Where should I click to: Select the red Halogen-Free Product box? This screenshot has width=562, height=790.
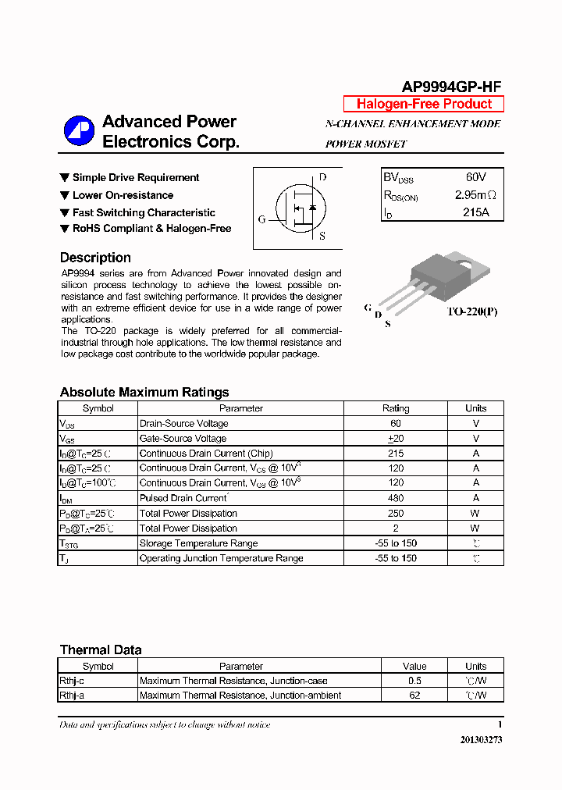424,104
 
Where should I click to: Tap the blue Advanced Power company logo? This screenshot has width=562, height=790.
79,131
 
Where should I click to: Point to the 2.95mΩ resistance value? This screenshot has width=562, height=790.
475,195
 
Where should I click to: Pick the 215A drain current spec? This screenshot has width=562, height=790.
475,212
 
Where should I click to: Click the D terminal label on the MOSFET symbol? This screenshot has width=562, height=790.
322,177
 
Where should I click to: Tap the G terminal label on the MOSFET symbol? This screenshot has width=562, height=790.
261,219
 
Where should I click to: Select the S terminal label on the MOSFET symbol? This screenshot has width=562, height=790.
322,236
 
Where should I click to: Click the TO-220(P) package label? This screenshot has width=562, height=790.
471,311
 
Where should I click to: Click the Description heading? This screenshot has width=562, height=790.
95,258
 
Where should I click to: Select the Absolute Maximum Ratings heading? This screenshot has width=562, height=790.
144,393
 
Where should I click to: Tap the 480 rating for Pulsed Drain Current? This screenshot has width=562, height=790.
395,498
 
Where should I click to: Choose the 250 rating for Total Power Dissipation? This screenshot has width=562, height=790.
395,513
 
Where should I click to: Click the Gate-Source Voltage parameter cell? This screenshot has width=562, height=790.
183,439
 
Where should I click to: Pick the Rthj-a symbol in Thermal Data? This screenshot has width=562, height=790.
72,696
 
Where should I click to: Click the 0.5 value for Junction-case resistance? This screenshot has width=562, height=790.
414,681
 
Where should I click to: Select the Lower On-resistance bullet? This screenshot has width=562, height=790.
123,195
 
